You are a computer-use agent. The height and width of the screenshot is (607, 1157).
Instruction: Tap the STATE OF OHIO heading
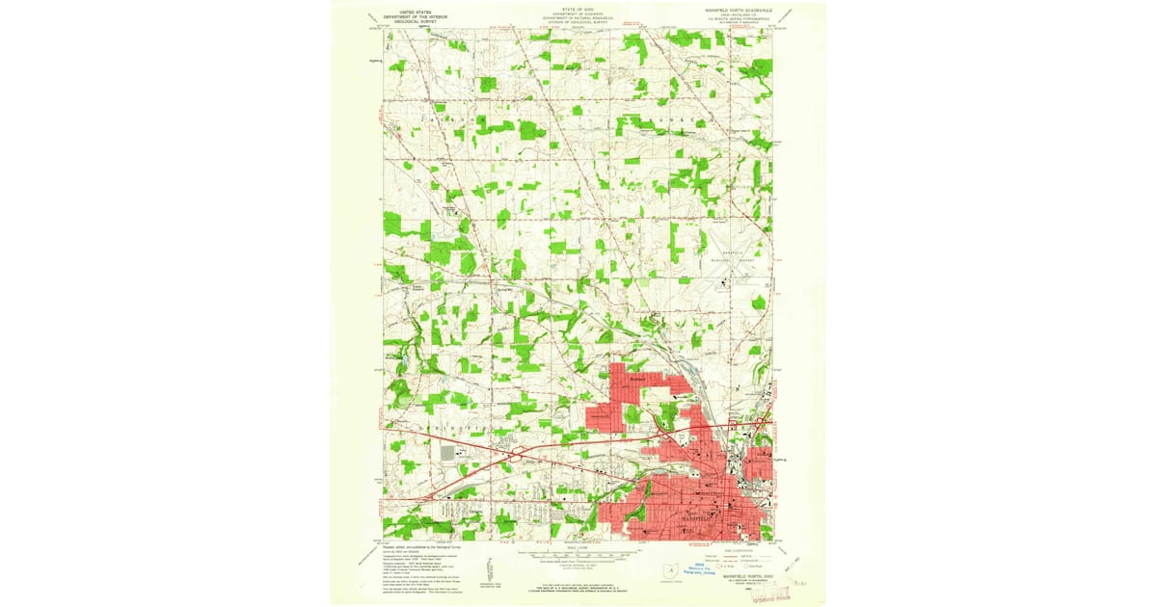point(578,9)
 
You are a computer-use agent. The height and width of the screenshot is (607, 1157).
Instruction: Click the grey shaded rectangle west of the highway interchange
point(447,452)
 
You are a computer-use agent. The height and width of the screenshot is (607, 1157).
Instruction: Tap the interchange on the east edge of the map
point(762,421)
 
